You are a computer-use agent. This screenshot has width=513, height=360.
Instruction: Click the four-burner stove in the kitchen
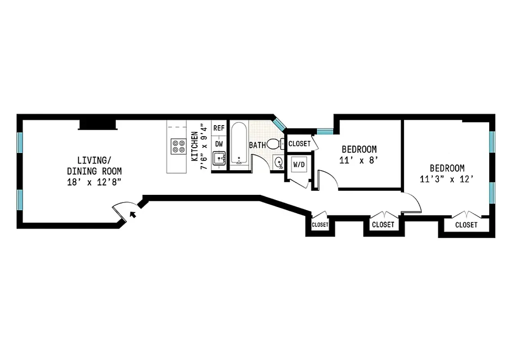click(178, 146)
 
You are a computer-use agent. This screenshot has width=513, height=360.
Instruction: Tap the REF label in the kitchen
click(219, 128)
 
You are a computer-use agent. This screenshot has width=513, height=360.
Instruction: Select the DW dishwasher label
click(219, 144)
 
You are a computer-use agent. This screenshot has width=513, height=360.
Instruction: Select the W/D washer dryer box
click(299, 165)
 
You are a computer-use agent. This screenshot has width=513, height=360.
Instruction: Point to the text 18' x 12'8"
click(94, 182)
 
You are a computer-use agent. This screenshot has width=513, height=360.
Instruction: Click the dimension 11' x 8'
click(359, 160)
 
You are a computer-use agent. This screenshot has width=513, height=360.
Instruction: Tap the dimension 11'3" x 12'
click(446, 179)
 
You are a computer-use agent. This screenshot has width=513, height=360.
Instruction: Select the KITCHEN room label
click(194, 146)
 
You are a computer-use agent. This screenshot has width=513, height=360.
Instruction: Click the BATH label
click(257, 145)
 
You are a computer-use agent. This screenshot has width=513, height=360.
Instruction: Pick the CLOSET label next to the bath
click(299, 144)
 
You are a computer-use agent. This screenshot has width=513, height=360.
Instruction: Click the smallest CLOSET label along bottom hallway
click(320, 224)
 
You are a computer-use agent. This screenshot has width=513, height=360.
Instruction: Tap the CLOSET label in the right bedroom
click(466, 225)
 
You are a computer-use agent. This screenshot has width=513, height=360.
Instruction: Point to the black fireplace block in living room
click(98, 124)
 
